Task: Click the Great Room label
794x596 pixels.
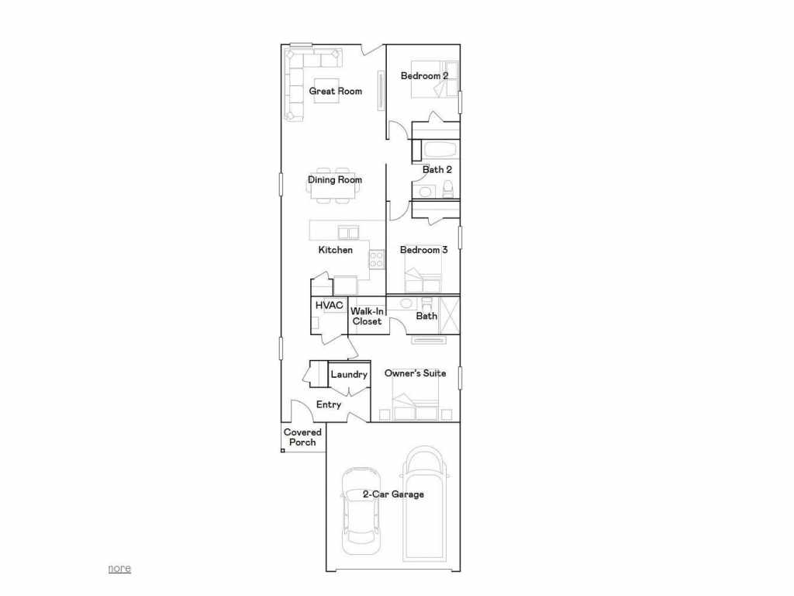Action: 335,92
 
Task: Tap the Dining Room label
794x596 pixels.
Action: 335,180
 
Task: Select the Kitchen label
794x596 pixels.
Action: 335,250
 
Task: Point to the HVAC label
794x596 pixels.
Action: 329,305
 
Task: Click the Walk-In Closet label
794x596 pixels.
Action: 367,316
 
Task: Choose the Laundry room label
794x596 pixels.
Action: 349,375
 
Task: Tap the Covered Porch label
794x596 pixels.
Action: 302,438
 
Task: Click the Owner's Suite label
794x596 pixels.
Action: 415,373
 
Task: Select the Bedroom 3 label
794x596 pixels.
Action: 423,250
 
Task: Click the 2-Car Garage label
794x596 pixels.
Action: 393,494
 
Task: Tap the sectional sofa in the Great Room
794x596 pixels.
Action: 295,81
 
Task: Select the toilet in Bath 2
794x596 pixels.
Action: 447,189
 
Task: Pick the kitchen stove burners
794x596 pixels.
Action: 376,259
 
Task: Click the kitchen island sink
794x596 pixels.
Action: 348,232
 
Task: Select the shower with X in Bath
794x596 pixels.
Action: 449,315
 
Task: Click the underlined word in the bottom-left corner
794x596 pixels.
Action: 119,568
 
